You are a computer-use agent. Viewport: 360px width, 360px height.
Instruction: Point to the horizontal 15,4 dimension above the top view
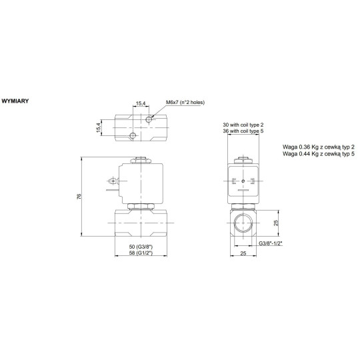pos(140,103)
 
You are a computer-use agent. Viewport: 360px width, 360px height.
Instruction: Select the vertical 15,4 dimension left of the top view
pos(99,127)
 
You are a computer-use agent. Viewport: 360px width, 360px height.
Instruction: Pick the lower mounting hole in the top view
pos(133,136)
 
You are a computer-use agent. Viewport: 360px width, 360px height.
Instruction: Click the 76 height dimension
pos(79,197)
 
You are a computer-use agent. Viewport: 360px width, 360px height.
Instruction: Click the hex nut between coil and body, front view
pos(140,205)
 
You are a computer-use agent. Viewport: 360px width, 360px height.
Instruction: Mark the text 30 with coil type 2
pos(245,125)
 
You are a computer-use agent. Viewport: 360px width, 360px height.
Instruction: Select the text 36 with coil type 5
pos(245,131)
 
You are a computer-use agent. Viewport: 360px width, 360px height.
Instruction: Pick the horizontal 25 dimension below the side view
pos(244,254)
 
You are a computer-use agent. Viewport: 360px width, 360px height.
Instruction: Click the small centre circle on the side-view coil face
pos(245,181)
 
